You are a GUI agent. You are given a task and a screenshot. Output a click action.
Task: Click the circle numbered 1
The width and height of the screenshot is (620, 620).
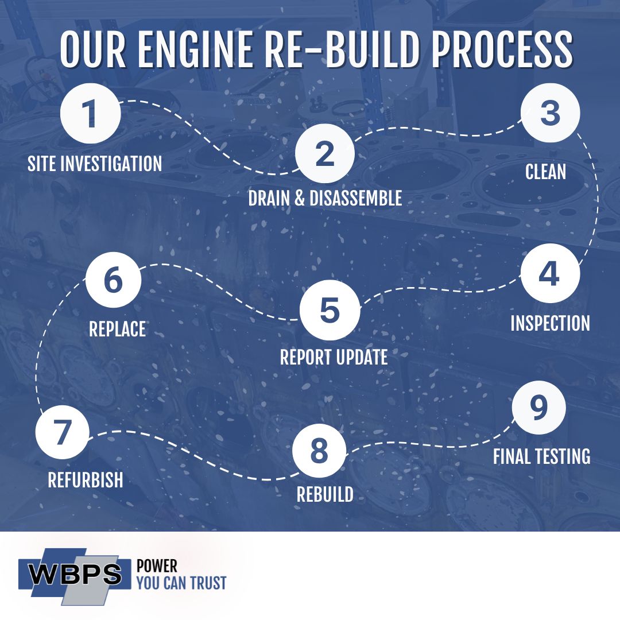point(91,114)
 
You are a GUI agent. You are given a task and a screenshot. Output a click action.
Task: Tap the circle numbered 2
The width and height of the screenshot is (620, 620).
point(324,154)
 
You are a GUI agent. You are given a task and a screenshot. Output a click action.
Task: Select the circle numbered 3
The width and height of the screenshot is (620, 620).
point(550,114)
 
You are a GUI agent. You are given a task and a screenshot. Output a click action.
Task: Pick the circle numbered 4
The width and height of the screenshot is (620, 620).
point(549,274)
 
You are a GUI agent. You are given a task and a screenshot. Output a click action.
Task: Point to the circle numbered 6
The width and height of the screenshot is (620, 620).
point(113,281)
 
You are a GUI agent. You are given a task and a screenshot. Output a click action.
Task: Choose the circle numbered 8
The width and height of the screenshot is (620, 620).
point(319,451)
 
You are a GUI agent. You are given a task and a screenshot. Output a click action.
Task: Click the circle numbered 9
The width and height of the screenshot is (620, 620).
point(538,408)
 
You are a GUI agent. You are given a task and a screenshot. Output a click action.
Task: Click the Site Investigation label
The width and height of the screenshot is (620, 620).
point(95,164)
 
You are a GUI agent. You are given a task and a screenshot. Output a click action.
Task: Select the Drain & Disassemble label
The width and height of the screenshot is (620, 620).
point(325,198)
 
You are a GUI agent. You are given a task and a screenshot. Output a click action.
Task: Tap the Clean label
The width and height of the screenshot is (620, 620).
point(545,172)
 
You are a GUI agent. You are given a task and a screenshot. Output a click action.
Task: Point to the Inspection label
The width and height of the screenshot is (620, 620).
point(550,323)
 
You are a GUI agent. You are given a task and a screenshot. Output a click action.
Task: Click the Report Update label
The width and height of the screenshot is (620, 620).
point(334,357)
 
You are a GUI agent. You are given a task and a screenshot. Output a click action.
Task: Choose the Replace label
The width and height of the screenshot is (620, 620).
point(117,329)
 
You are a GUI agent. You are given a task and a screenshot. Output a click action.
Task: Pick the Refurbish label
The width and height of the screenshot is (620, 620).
point(86,480)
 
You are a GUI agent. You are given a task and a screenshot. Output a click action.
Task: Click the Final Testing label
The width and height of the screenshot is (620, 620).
point(541,456)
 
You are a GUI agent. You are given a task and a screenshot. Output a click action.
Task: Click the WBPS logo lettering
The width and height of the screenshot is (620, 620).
point(76,574)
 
